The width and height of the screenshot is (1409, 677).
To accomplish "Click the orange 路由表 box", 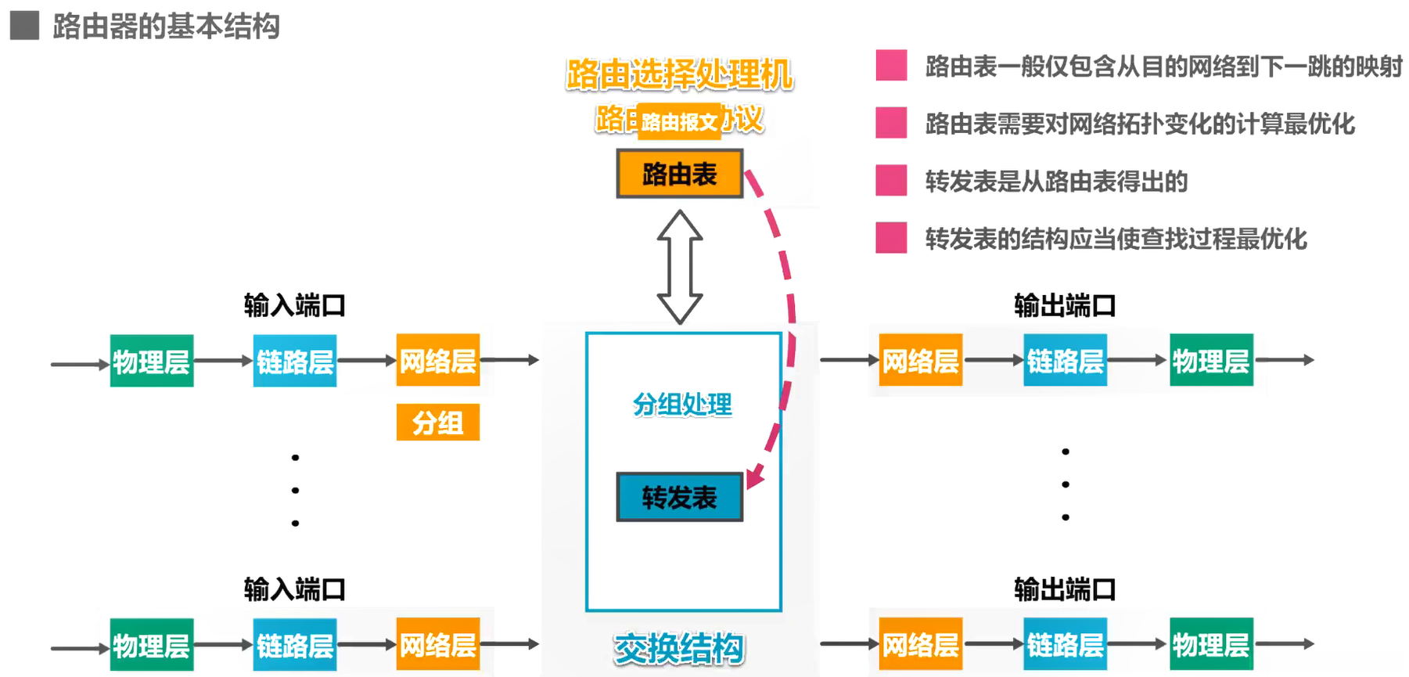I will (x=679, y=174).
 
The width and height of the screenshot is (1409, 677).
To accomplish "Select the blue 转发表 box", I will (x=679, y=497).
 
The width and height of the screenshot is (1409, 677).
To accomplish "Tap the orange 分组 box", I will (x=437, y=423).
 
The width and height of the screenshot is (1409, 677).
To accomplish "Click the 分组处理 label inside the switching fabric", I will (x=682, y=405).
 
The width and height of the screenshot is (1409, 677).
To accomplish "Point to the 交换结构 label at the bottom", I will (x=679, y=648).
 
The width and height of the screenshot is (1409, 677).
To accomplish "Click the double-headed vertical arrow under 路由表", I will (x=679, y=267).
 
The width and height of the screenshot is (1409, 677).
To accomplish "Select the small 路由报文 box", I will (x=679, y=122).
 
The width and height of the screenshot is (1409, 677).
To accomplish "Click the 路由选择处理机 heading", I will (x=679, y=75).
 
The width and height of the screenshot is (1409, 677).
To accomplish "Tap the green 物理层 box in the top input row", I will (x=151, y=361).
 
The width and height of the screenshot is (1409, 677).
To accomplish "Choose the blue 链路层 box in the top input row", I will (x=295, y=361).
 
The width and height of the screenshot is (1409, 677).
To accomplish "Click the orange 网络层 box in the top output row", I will (x=920, y=360).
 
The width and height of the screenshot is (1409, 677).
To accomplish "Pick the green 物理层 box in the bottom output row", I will (x=1211, y=644).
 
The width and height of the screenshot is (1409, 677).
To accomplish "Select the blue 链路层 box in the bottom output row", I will (x=1065, y=644).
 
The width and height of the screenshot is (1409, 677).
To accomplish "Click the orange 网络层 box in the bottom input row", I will (x=437, y=644).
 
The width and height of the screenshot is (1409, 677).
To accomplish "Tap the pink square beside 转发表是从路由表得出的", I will (x=891, y=180).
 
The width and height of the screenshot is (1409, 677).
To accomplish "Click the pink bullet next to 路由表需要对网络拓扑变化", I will (x=891, y=123).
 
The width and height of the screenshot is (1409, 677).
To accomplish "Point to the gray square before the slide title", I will (x=24, y=25).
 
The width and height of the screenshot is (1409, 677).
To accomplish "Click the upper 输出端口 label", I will (x=1064, y=305).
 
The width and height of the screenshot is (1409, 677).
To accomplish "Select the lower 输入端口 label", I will (x=294, y=589).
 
